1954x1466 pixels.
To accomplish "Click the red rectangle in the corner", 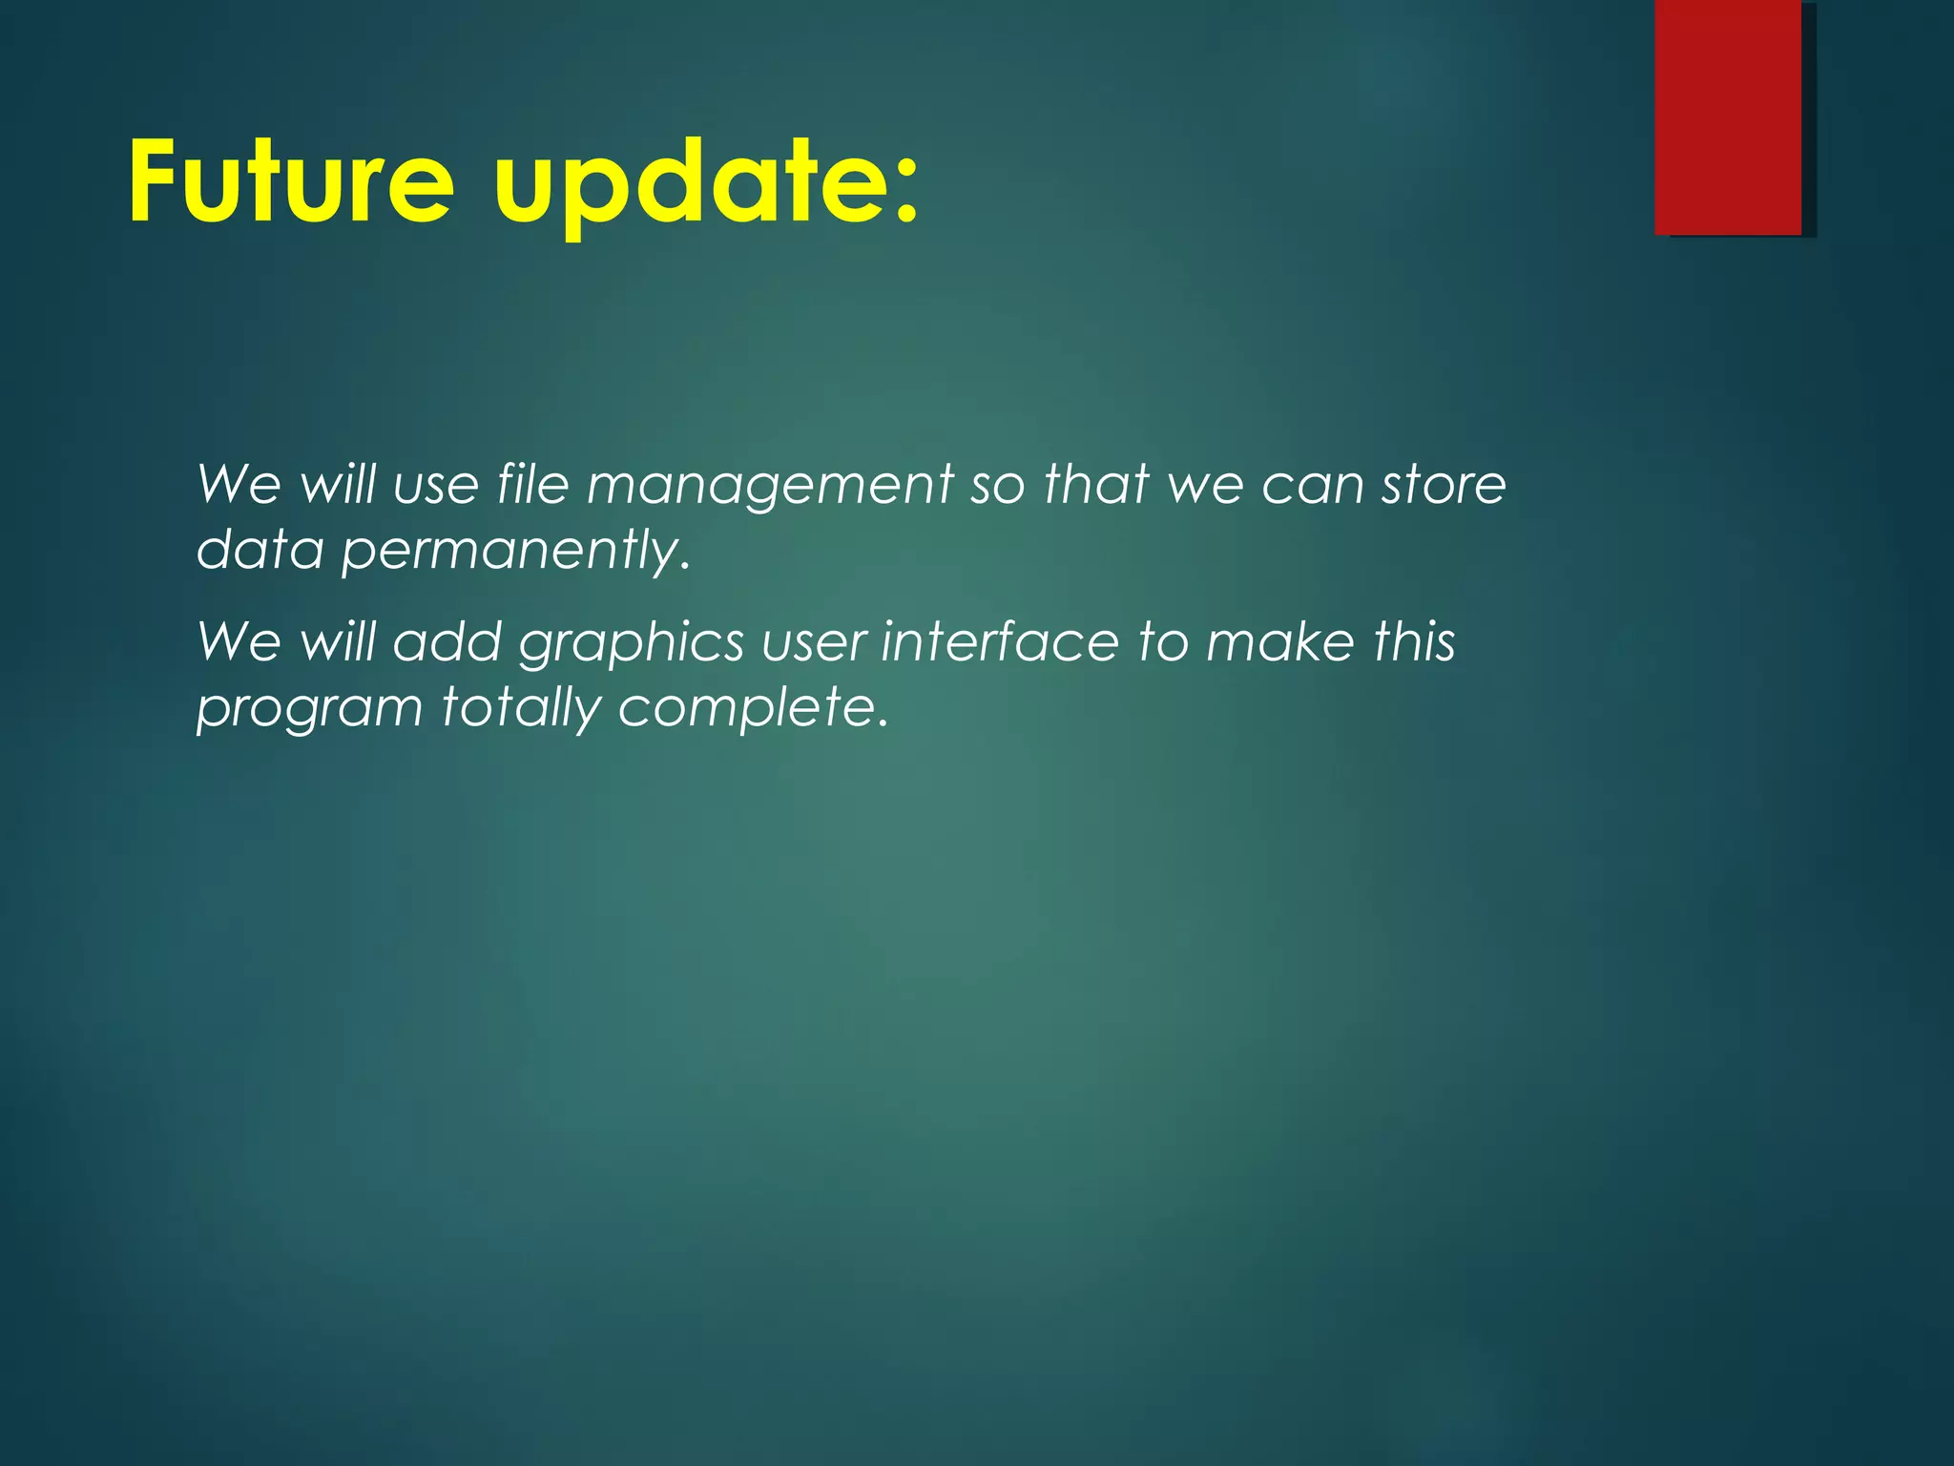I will [x=1727, y=116].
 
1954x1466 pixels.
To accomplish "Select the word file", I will [x=532, y=483].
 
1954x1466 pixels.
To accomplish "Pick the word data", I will [x=260, y=550].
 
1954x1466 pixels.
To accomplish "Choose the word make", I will [x=1279, y=640].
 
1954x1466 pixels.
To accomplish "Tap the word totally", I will [x=521, y=709].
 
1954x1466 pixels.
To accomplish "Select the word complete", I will [x=746, y=709].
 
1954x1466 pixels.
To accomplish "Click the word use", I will [x=436, y=485].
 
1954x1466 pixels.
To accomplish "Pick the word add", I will [x=447, y=640].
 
